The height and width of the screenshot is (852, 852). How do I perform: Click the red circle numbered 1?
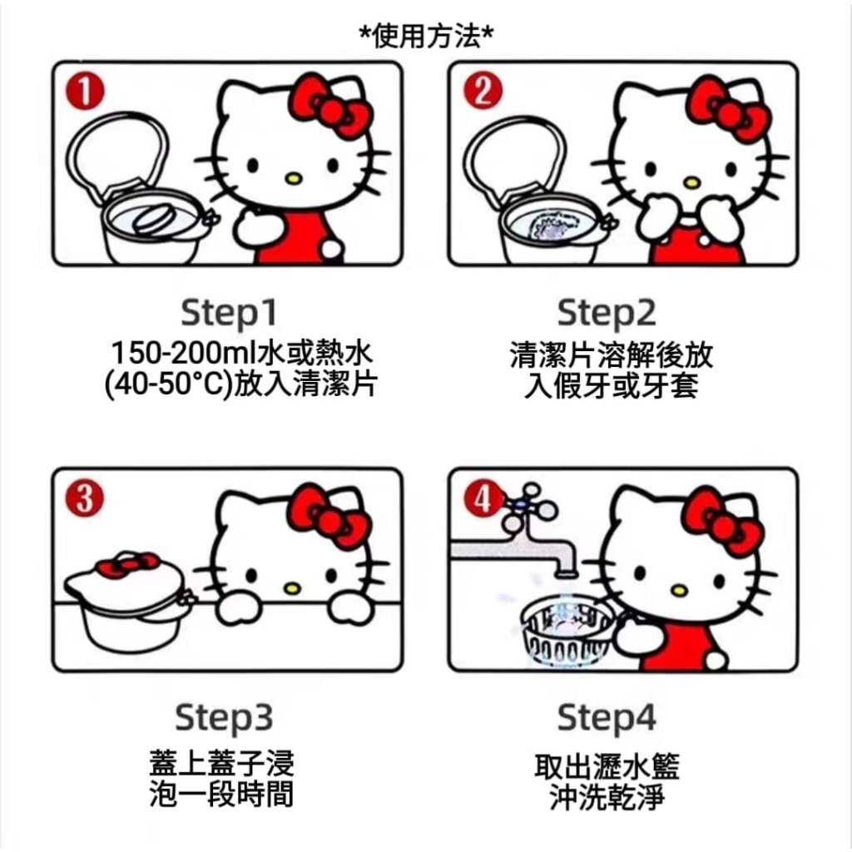coord(84,92)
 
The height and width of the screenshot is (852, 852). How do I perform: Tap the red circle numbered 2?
coord(483,91)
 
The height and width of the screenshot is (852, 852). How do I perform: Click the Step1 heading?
coord(229,314)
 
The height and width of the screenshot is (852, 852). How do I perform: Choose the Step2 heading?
coord(607,314)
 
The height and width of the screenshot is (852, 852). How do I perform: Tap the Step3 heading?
coord(224,718)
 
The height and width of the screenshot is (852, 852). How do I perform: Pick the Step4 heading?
coord(607,718)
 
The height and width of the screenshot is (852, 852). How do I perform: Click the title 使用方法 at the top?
coord(427,37)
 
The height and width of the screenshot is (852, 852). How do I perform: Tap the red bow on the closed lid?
coord(128,564)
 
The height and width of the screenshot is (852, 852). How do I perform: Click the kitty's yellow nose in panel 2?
coord(691,182)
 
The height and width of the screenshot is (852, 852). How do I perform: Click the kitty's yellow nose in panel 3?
coord(292,587)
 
